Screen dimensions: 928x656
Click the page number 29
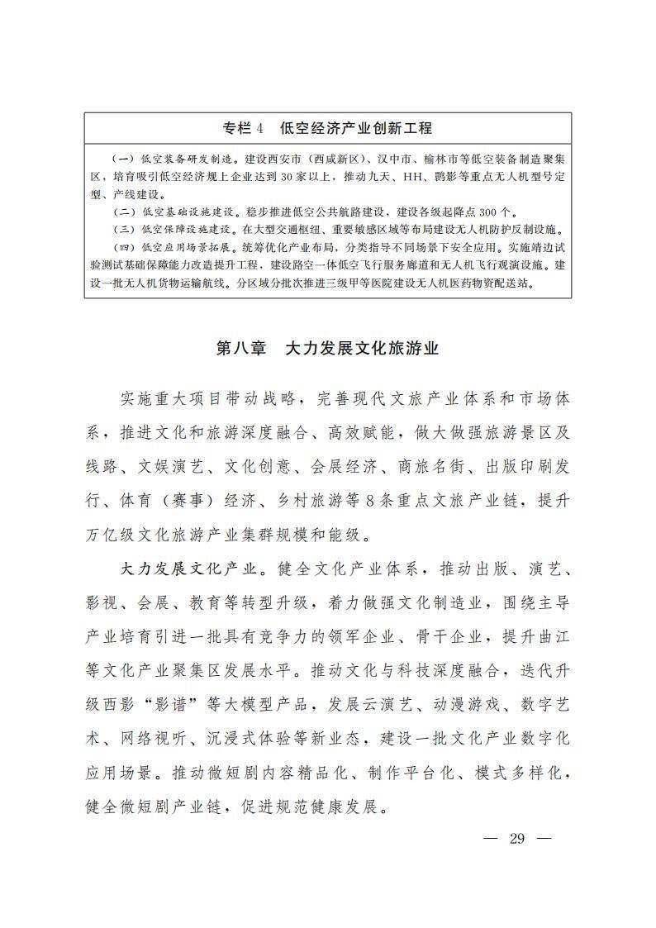pyautogui.click(x=518, y=840)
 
